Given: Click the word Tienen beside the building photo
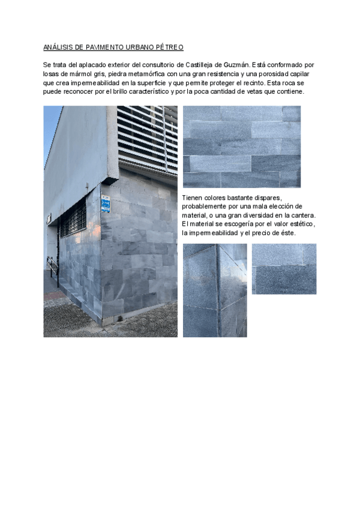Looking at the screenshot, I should pos(193,197).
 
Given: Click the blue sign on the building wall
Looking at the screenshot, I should pos(106,204).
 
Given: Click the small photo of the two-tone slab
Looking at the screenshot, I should pos(283,268).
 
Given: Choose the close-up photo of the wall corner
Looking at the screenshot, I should pos(215,290).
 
